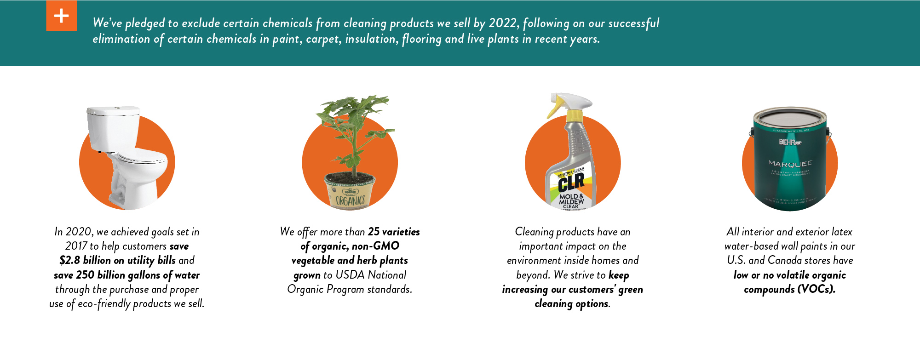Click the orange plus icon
[61, 16]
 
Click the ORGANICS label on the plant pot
[350, 200]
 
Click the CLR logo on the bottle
[571, 183]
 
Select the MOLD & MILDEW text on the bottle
[571, 199]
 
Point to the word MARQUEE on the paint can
[790, 164]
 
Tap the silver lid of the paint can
[790, 117]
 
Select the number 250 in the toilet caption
[85, 275]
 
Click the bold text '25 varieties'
[394, 232]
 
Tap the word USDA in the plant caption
[350, 275]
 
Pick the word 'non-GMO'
[375, 246]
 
